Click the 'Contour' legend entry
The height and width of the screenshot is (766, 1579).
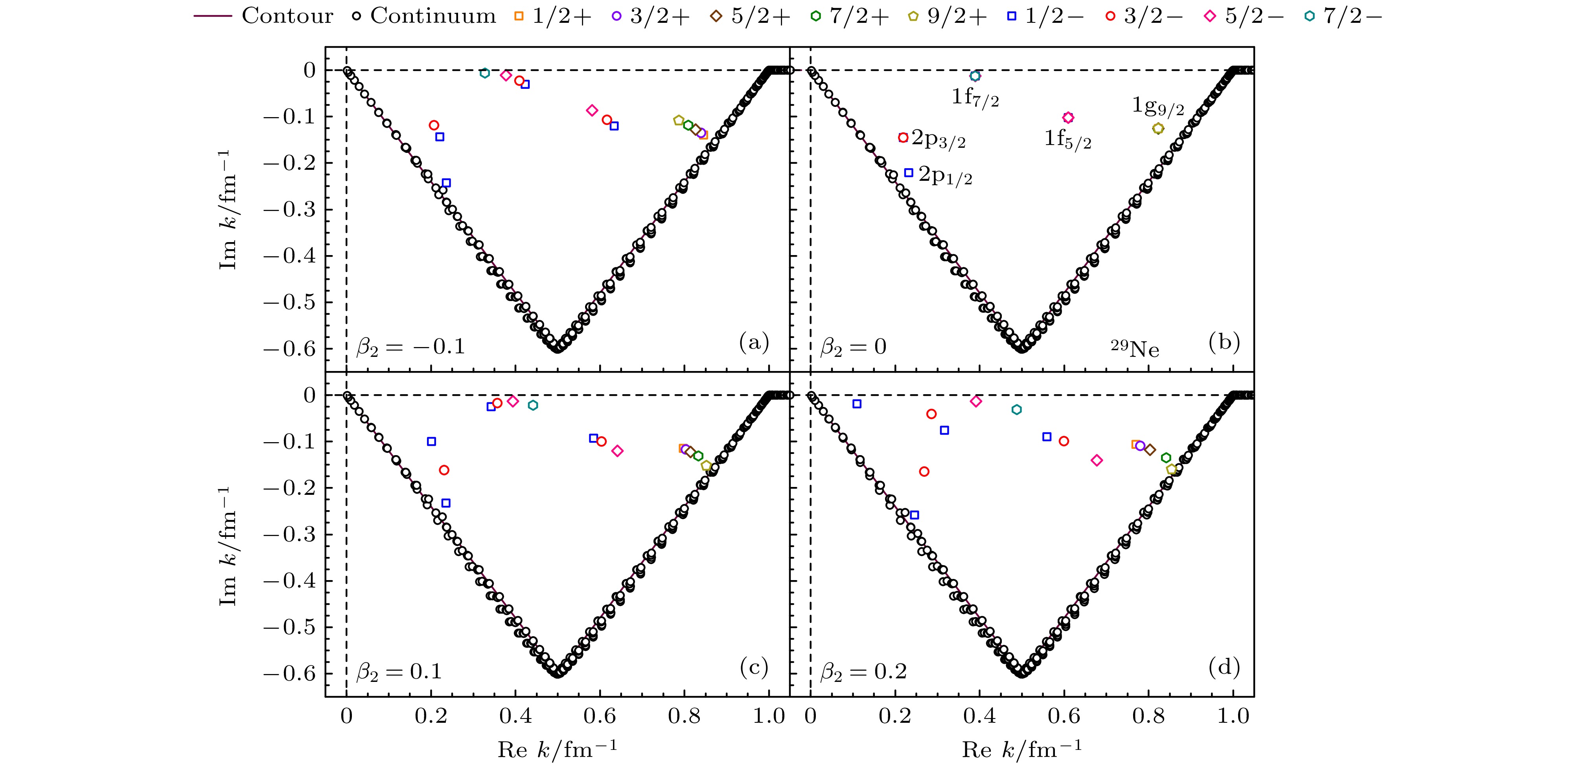tap(263, 16)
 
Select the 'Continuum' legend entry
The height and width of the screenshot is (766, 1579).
tap(425, 16)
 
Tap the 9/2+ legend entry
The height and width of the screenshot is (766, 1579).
tap(947, 16)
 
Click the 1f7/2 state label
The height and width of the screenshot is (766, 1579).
tap(975, 97)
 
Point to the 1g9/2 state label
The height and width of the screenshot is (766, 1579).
tap(1157, 106)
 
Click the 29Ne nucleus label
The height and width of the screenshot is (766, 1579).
tap(1135, 348)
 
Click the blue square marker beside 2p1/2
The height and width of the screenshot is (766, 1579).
tap(908, 173)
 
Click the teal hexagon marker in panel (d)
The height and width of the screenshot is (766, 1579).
tap(1016, 410)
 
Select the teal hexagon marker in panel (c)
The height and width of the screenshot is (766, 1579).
tap(533, 405)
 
